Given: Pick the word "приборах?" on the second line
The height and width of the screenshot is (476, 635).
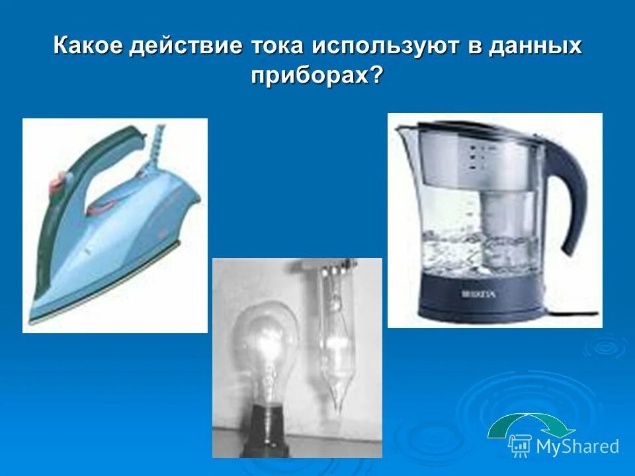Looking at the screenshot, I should click(x=317, y=75).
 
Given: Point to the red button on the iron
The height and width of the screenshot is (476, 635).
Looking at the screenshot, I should click(x=58, y=177).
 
